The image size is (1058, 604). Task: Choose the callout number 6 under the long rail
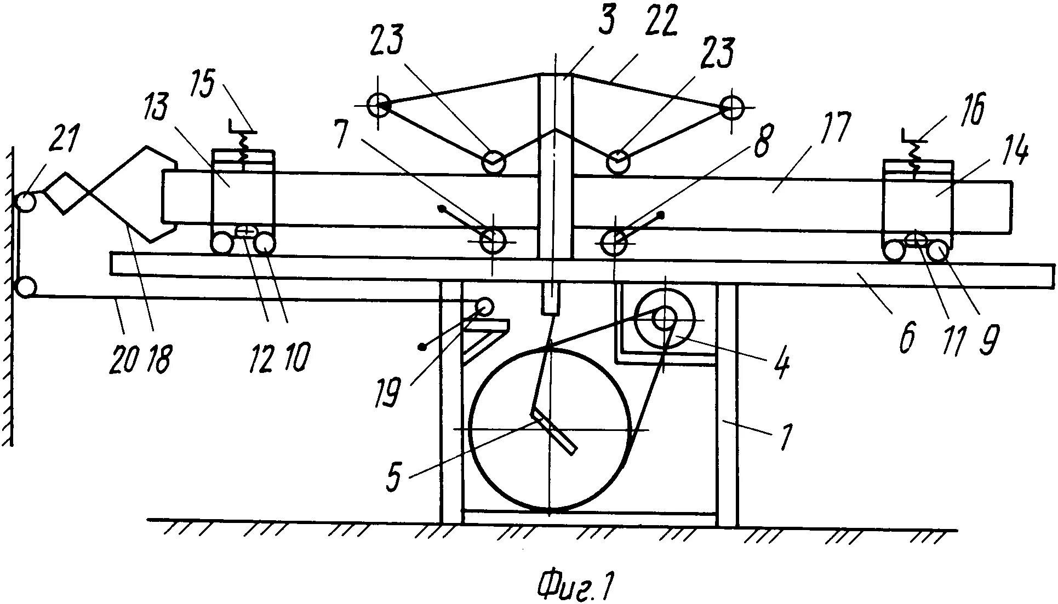[906, 341]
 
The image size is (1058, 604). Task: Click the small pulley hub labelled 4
[664, 319]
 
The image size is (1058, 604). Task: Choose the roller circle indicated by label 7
[492, 241]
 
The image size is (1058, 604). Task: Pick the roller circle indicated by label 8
[615, 241]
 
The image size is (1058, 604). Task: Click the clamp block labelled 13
[243, 192]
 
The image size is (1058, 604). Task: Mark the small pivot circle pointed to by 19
[484, 305]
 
